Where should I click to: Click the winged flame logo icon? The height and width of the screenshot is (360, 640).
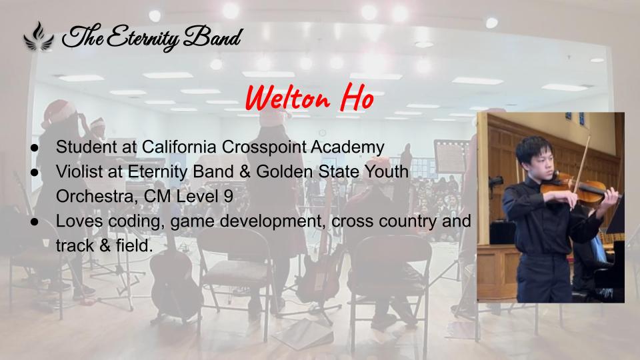(x=39, y=37)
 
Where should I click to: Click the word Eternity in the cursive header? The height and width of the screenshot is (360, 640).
(x=143, y=38)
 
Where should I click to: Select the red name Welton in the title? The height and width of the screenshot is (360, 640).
(x=288, y=97)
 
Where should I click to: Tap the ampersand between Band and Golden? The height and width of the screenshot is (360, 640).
(x=245, y=172)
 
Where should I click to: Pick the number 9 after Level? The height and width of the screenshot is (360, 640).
(x=229, y=196)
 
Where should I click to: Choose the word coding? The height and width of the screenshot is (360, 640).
(x=136, y=222)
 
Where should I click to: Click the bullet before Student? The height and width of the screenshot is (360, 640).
(x=35, y=148)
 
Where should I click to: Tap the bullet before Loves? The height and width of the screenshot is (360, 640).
(x=35, y=221)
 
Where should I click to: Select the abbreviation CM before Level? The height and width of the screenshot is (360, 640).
(x=157, y=196)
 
